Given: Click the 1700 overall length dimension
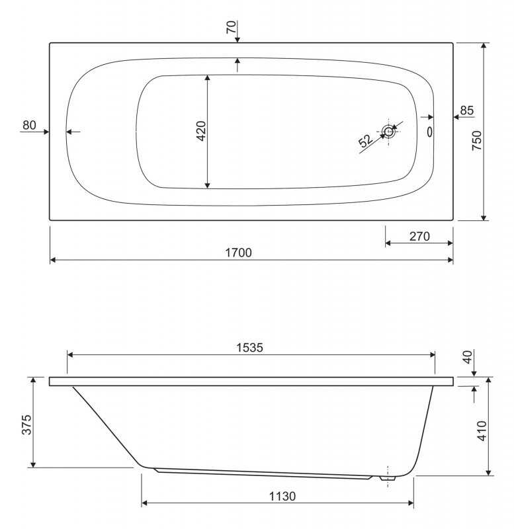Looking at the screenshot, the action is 238,253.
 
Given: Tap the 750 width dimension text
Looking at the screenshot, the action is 476,141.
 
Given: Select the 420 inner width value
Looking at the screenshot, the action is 201,131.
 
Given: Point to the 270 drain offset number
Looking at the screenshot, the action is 419,237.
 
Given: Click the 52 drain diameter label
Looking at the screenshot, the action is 366,140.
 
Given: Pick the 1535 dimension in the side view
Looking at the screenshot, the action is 249,348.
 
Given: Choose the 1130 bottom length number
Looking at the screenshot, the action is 282,497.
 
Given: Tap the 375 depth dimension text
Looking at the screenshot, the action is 26,425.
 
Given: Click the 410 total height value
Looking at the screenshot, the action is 482,431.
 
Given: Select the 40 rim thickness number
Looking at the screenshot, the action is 468,357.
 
